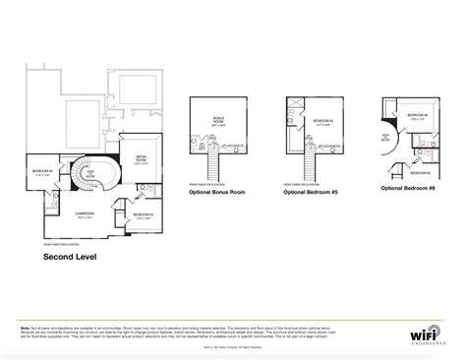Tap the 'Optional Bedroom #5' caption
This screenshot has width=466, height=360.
point(310,193)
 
